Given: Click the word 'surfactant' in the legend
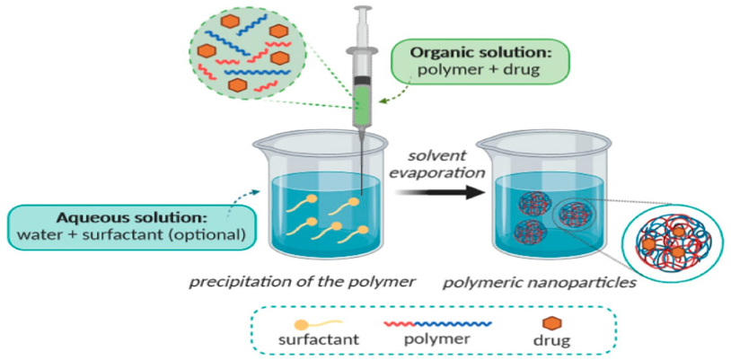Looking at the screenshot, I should pyautogui.click(x=320, y=340).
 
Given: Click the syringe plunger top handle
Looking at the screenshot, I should pyautogui.click(x=362, y=10).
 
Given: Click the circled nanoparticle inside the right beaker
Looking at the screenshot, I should pyautogui.click(x=572, y=215).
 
